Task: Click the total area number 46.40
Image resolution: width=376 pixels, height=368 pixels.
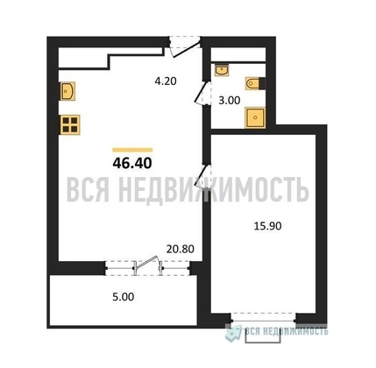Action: click(x=132, y=163)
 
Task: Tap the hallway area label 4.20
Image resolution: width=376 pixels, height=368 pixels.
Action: click(x=166, y=81)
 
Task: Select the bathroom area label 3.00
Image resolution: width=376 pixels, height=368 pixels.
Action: click(x=230, y=101)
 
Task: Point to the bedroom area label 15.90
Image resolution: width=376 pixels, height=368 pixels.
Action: click(x=267, y=226)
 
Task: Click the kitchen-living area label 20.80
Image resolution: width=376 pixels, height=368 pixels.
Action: click(x=181, y=249)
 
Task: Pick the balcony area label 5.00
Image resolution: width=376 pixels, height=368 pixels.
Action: click(x=124, y=297)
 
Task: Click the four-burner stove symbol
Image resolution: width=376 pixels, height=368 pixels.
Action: click(x=70, y=124)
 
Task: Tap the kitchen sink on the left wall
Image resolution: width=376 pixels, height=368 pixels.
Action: click(x=67, y=91)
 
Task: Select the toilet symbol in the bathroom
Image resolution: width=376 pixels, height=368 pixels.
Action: click(x=253, y=83)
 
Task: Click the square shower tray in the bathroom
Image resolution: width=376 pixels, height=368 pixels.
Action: click(x=255, y=117)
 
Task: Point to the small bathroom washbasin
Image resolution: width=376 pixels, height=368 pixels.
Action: click(x=222, y=70)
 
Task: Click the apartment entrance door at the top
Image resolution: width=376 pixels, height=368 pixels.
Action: click(x=185, y=46)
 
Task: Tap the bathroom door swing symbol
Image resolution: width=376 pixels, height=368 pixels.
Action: click(x=203, y=93)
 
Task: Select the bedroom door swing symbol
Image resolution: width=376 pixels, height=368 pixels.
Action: click(x=203, y=176)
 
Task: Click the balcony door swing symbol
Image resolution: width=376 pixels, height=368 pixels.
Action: click(x=147, y=265)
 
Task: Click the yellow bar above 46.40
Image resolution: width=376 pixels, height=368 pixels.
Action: click(x=132, y=150)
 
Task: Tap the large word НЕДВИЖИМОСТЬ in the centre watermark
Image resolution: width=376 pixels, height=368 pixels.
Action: click(x=214, y=189)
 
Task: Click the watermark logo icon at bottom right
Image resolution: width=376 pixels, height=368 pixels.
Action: click(x=234, y=332)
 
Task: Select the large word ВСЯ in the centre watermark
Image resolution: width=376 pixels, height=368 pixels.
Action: click(x=88, y=189)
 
